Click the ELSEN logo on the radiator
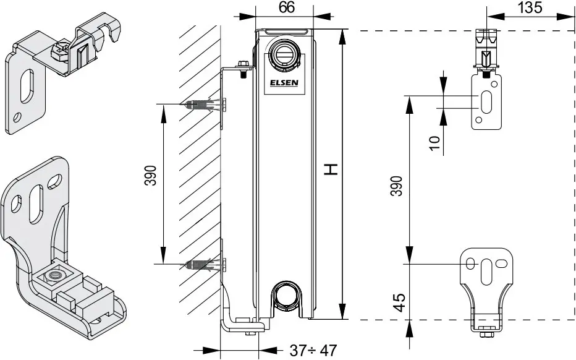pyautogui.click(x=284, y=83)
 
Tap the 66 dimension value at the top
pyautogui.click(x=287, y=7)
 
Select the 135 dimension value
pyautogui.click(x=530, y=7)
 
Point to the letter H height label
pyautogui.click(x=331, y=169)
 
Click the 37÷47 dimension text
pyautogui.click(x=313, y=351)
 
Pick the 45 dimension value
pyautogui.click(x=400, y=302)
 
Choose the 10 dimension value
pyautogui.click(x=434, y=143)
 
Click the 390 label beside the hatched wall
pyautogui.click(x=150, y=176)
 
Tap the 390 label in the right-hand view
pyautogui.click(x=396, y=186)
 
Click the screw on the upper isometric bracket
pyautogui.click(x=59, y=52)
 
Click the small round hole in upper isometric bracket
pyautogui.click(x=17, y=118)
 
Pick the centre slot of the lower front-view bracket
pyautogui.click(x=486, y=272)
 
